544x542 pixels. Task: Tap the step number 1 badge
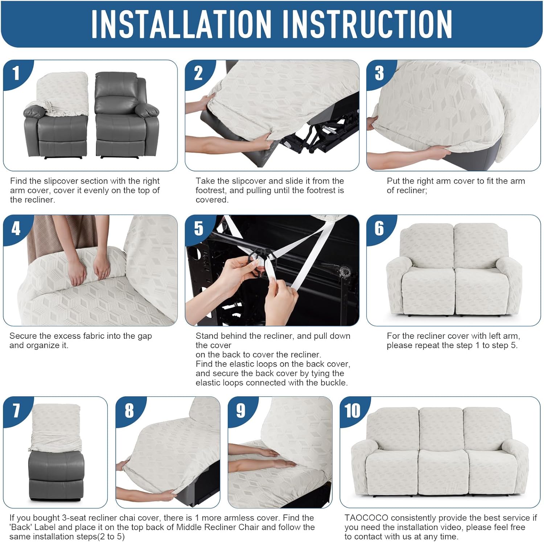[16, 74]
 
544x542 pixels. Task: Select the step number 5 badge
[198, 229]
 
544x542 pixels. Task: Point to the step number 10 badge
[352, 411]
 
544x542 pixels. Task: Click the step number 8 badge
[129, 411]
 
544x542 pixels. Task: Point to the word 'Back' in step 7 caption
[21, 527]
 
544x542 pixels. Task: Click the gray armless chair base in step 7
[56, 475]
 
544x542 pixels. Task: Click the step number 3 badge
[379, 74]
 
